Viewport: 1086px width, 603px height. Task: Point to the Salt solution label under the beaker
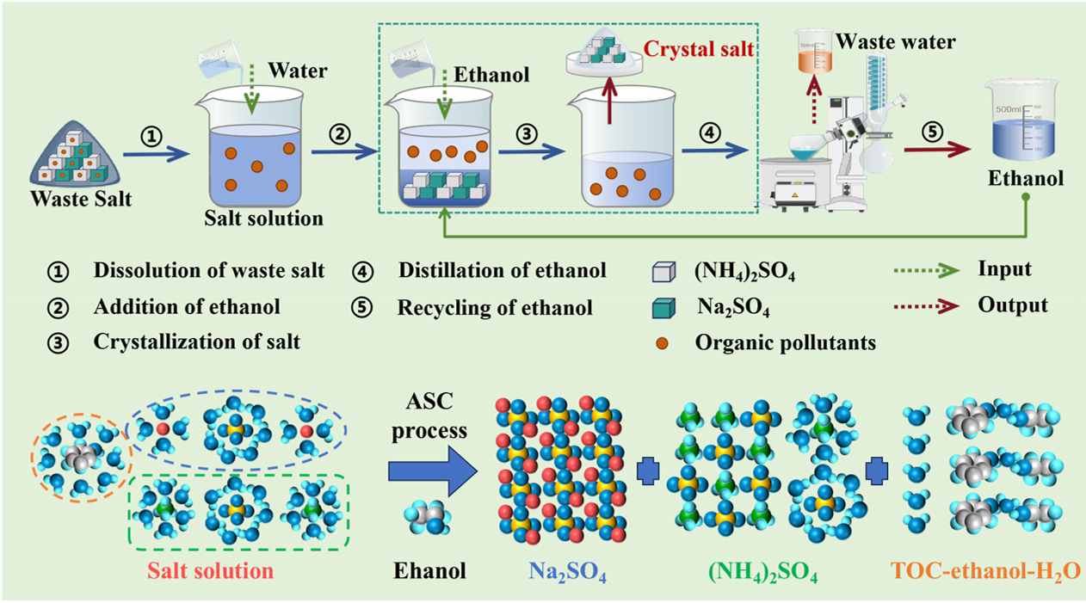coord(263,218)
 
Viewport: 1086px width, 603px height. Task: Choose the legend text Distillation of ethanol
coord(502,271)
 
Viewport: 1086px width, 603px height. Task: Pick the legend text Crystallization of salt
coord(196,341)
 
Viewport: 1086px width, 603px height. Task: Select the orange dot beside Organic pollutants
coord(663,341)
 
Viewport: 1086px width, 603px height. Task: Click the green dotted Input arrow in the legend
coord(934,271)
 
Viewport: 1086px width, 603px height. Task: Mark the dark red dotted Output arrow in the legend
coord(934,306)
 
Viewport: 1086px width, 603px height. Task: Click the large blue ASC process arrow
coord(428,471)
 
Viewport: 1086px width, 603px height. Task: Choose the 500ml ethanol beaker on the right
coord(1024,120)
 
